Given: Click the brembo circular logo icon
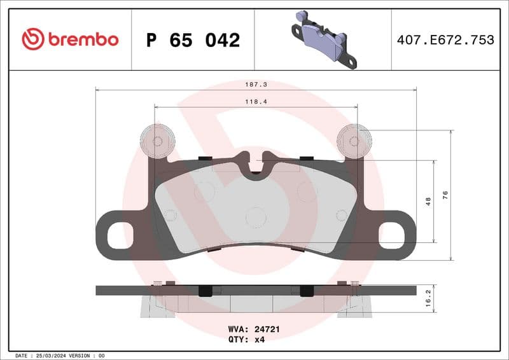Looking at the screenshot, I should pyautogui.click(x=33, y=39).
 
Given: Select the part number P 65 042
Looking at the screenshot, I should pyautogui.click(x=193, y=40).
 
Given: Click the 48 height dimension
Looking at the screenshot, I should pyautogui.click(x=428, y=201).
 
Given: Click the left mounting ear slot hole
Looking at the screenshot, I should pyautogui.click(x=118, y=236).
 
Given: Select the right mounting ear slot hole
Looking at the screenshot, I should pyautogui.click(x=392, y=236).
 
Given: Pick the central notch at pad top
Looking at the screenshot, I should pyautogui.click(x=255, y=164).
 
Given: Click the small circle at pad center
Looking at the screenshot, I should pyautogui.click(x=255, y=217).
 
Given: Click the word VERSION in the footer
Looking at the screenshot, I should pyautogui.click(x=80, y=355).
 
